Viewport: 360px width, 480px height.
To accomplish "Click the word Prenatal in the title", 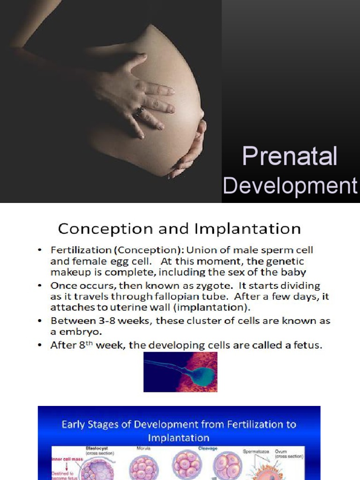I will (x=289, y=157).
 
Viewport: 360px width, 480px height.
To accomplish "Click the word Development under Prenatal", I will (x=290, y=186).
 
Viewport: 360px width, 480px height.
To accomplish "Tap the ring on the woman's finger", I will (x=139, y=111).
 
